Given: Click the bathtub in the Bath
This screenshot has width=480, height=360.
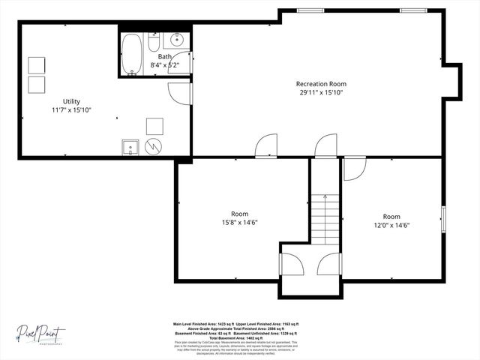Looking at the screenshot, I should point(132,54).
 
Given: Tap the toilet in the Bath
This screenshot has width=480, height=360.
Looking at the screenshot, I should point(153,42).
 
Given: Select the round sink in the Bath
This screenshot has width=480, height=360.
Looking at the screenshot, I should point(178,40).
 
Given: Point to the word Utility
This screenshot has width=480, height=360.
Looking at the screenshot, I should point(71,101).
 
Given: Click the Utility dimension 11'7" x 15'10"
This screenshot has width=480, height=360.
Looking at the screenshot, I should point(71,110).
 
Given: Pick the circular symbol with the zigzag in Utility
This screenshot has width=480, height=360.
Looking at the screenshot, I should point(153,146).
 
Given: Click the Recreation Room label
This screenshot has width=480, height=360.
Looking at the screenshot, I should point(321,84).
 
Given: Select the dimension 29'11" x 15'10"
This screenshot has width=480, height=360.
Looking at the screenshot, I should point(321,93).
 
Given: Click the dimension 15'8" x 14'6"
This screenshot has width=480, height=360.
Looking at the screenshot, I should point(240,223).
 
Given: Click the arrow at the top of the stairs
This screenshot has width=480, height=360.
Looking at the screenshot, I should point(325,197).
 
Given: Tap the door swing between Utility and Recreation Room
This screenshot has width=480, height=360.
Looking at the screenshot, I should point(179,93).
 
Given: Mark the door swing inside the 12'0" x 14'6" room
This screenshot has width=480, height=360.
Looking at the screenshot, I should point(353,169).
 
